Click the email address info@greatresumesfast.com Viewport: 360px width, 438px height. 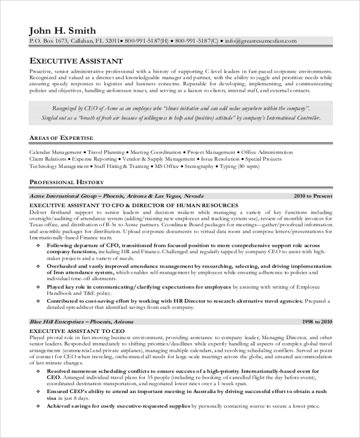[261, 41]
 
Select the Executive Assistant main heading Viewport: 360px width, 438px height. [76, 61]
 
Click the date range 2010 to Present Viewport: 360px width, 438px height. [313, 196]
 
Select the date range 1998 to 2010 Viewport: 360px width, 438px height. [317, 322]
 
